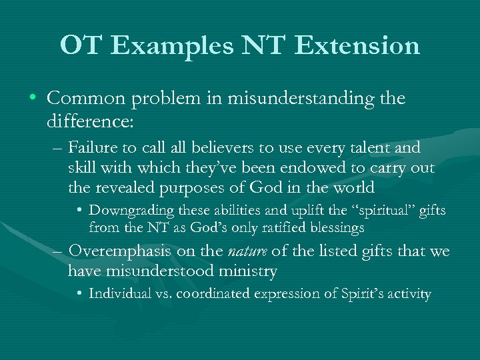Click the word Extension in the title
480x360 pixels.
point(357,45)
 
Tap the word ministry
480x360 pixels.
point(251,271)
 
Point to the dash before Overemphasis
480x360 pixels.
point(58,253)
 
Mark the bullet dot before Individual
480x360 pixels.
point(80,294)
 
